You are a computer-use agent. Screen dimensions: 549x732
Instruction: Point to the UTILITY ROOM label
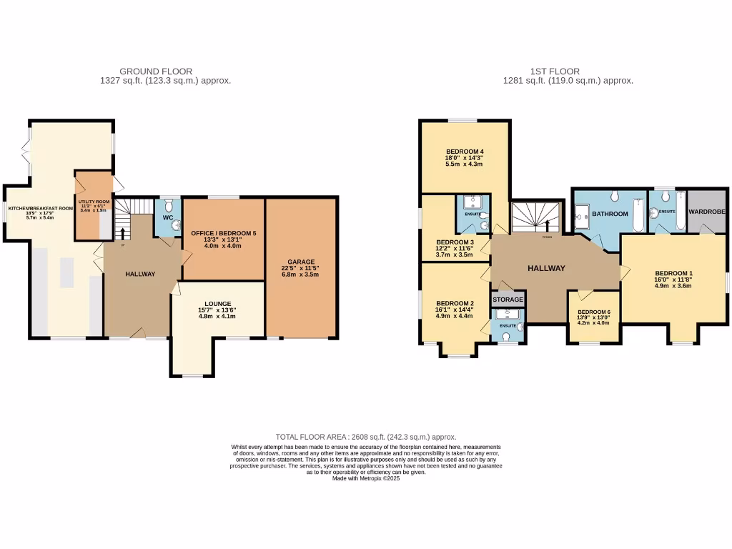(x=94, y=202)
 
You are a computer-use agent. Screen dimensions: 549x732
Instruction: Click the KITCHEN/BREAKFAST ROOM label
(x=40, y=209)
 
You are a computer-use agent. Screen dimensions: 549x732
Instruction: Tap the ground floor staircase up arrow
(x=122, y=233)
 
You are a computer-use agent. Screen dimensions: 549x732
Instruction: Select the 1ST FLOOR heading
(x=555, y=71)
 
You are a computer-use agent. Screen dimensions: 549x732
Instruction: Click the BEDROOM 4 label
(x=465, y=152)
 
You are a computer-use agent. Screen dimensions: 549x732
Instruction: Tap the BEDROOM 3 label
(x=455, y=242)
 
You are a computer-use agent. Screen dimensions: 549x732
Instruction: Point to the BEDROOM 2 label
(x=455, y=303)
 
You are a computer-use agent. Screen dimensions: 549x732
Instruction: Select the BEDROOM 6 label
(x=594, y=312)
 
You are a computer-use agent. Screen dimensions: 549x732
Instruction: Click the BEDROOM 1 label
(x=674, y=273)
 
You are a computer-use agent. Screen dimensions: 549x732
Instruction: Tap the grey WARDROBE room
(x=706, y=212)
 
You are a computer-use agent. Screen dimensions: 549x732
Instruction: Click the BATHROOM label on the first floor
(x=609, y=214)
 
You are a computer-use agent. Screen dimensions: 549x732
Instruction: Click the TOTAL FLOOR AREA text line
(x=366, y=437)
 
